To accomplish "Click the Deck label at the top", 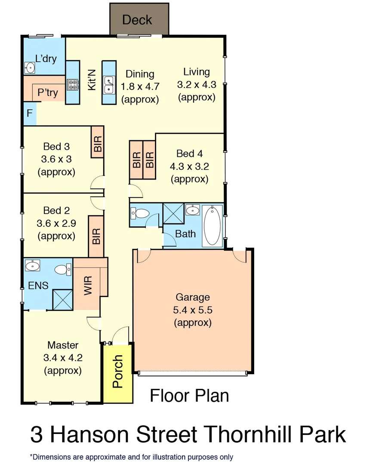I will (x=137, y=20).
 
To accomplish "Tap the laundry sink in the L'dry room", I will (x=30, y=68).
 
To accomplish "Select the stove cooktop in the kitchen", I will (x=73, y=84).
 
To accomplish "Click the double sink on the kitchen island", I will (x=108, y=84).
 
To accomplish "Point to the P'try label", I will (x=48, y=93).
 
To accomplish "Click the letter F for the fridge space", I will (x=29, y=114).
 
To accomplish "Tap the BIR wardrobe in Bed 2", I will (x=96, y=236).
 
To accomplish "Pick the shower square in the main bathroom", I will (x=173, y=214).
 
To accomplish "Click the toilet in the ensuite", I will (x=62, y=270).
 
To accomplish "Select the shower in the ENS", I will (x=62, y=300).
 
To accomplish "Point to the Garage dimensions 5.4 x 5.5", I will (x=192, y=310).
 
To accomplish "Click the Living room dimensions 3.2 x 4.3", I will (x=197, y=85).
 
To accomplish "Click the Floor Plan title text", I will (x=189, y=396).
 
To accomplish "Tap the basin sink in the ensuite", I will (x=33, y=267).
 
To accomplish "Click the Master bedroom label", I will (x=63, y=345).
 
